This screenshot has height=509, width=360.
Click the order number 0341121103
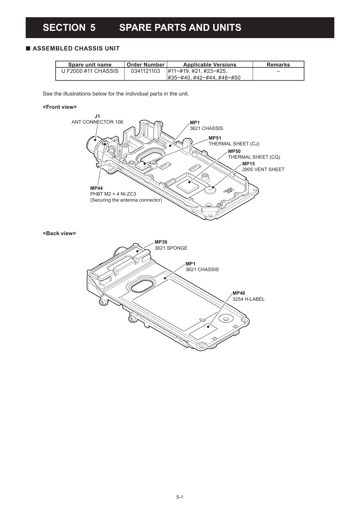click(x=145, y=71)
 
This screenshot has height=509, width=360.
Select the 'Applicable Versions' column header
click(x=209, y=64)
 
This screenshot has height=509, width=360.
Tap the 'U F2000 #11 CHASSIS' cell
click(x=90, y=71)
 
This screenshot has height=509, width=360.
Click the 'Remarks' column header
click(x=278, y=64)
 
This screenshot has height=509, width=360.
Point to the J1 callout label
click(x=97, y=116)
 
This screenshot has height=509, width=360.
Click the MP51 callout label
click(x=215, y=138)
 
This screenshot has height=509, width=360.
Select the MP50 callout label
click(x=234, y=151)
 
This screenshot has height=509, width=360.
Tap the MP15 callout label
click(x=248, y=164)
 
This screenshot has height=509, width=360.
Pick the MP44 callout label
click(x=96, y=188)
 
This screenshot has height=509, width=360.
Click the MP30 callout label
click(x=161, y=242)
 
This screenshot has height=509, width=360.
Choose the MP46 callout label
click(x=239, y=293)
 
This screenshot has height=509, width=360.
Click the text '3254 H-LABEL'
click(x=248, y=299)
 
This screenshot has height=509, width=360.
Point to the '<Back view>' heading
click(x=59, y=233)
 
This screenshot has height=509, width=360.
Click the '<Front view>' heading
click(x=60, y=107)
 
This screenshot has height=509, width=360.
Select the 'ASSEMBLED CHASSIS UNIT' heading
click(x=76, y=49)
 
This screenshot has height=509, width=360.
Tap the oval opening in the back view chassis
click(x=142, y=285)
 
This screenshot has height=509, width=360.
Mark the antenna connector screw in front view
click(x=105, y=143)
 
